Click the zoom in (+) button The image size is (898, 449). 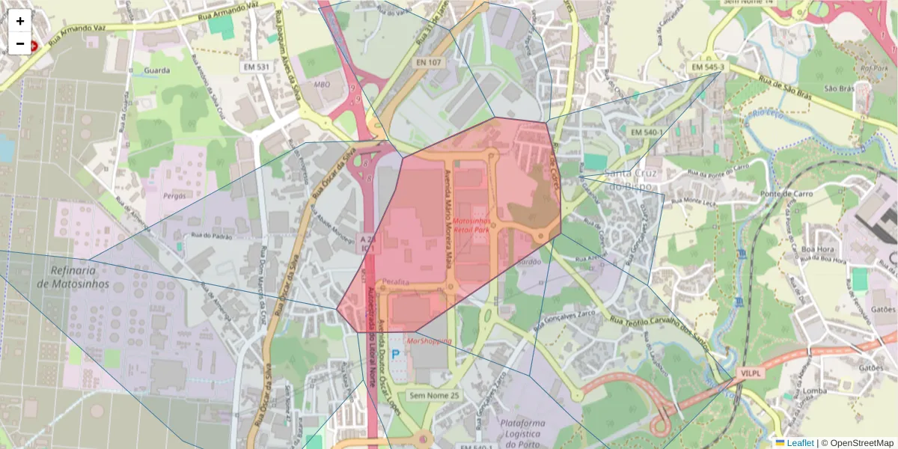click(20, 21)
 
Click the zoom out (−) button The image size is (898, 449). click(20, 43)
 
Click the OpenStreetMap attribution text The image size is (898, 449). click(861, 443)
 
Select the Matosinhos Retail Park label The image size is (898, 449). click(471, 227)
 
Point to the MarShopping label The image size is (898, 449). click(429, 341)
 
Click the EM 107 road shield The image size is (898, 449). click(428, 62)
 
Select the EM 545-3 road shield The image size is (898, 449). click(708, 67)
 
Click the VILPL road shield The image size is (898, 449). click(750, 372)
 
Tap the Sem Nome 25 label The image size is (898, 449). click(435, 394)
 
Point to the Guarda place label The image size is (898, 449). click(155, 70)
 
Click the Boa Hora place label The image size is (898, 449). click(817, 250)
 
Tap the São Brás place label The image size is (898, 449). click(839, 88)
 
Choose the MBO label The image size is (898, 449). click(322, 85)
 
